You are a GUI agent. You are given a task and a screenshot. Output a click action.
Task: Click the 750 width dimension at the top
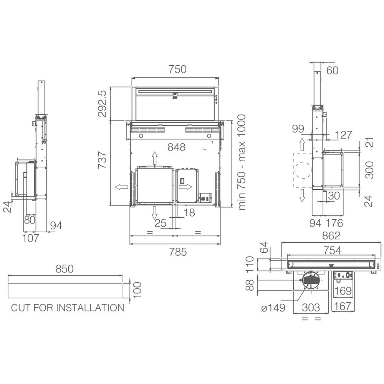[177, 69]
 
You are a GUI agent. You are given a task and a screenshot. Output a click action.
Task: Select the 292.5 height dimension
[102, 103]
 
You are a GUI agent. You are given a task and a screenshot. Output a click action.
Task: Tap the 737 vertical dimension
[102, 160]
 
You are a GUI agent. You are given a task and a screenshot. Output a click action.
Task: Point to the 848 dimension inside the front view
[176, 147]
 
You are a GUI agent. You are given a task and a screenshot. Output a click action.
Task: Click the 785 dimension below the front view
[178, 252]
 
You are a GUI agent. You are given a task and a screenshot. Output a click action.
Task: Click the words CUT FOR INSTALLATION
[68, 308]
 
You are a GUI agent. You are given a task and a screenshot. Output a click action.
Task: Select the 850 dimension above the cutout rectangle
[65, 269]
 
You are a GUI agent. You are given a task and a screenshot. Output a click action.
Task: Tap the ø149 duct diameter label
[273, 308]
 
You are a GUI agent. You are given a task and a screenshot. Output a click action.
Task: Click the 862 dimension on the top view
[331, 236]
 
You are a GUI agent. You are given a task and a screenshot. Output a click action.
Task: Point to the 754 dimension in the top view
[332, 250]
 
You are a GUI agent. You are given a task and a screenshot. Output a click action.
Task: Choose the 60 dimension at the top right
[332, 71]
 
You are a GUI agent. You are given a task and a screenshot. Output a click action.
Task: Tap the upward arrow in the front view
[154, 158]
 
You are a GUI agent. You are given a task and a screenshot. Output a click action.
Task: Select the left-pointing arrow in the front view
[121, 187]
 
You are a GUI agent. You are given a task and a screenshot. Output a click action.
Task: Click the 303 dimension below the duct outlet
[311, 307]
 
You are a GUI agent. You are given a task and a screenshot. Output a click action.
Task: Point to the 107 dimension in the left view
[31, 238]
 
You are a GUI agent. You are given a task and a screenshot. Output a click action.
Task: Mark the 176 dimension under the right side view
[334, 223]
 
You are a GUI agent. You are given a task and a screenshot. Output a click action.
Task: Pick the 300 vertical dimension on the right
[369, 170]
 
